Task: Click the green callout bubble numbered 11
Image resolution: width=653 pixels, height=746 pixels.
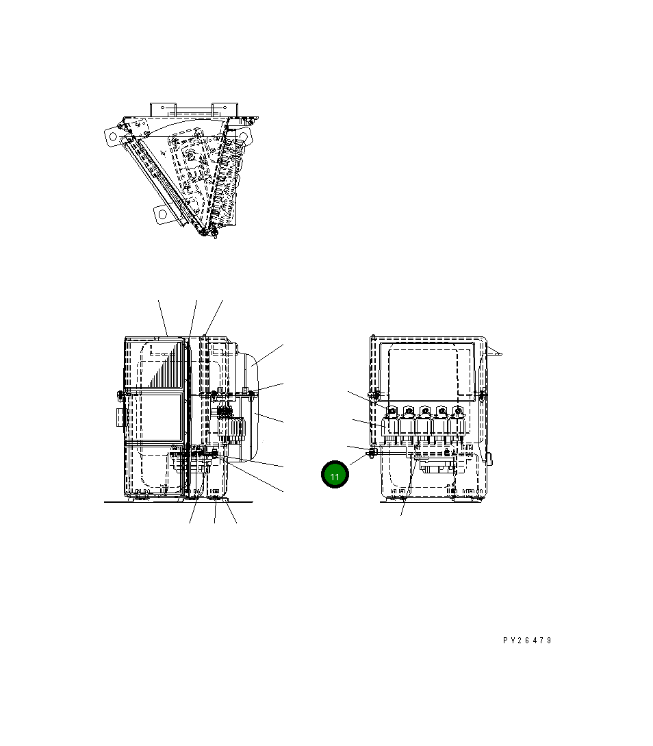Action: click(335, 474)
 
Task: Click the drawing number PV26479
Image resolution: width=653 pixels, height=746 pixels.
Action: click(527, 641)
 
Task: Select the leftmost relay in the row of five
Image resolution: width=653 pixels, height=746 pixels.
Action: click(392, 423)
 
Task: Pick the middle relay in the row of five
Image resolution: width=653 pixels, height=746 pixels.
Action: click(424, 423)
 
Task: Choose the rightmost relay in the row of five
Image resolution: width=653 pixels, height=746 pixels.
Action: click(457, 423)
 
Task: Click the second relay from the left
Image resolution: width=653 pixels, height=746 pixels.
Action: click(408, 423)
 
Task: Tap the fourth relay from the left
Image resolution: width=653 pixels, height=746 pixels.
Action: click(440, 423)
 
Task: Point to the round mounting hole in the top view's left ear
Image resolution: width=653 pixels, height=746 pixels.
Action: click(113, 136)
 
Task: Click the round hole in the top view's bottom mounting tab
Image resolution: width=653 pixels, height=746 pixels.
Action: click(163, 214)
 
